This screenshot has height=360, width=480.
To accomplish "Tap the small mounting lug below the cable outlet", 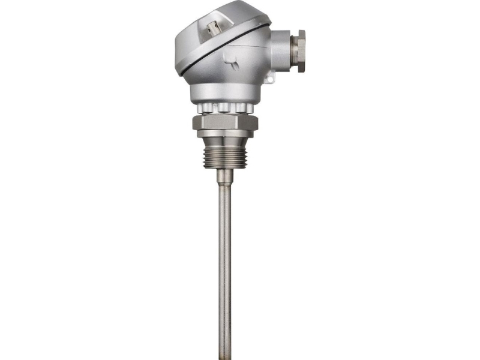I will pos(269,77).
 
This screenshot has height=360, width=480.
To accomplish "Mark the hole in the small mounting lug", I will pos(269,79).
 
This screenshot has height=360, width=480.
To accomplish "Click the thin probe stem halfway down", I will pos(224,264).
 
